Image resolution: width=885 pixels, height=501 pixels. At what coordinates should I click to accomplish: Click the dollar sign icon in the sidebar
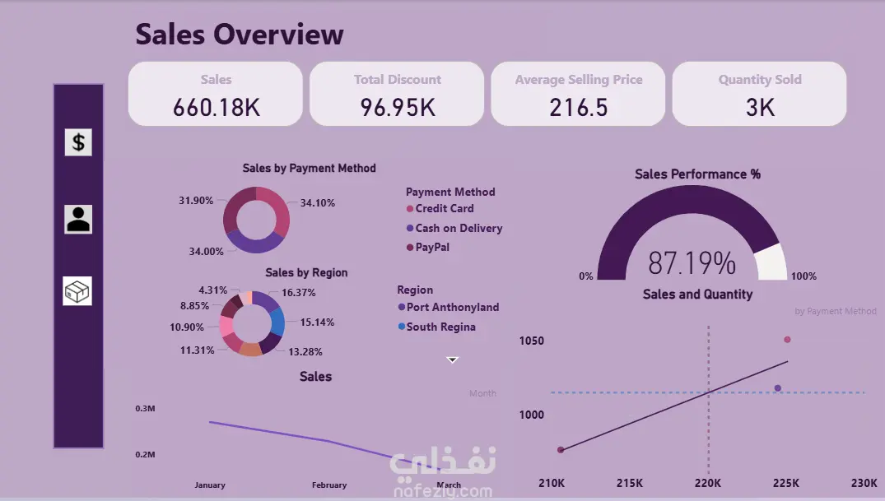pyautogui.click(x=78, y=142)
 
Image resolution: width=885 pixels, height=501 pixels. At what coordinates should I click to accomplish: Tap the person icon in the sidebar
pyautogui.click(x=78, y=219)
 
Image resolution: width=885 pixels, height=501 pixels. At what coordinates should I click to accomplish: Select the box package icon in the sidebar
pyautogui.click(x=77, y=290)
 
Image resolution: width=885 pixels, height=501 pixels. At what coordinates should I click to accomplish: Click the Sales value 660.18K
pyautogui.click(x=216, y=107)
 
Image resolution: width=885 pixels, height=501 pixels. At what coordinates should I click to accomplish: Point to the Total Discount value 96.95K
pyautogui.click(x=398, y=107)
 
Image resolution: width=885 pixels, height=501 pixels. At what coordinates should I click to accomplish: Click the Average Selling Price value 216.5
pyautogui.click(x=578, y=107)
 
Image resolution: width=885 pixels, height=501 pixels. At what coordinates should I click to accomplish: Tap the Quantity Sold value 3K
pyautogui.click(x=759, y=107)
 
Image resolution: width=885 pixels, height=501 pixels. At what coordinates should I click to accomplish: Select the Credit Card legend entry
pyautogui.click(x=444, y=209)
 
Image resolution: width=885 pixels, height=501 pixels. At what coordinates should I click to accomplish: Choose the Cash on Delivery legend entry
pyautogui.click(x=458, y=229)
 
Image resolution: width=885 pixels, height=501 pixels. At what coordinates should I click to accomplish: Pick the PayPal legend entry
pyautogui.click(x=431, y=248)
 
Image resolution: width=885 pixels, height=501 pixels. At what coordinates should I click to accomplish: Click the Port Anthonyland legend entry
pyautogui.click(x=452, y=308)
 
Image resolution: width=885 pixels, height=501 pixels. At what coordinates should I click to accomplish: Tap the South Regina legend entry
pyautogui.click(x=440, y=327)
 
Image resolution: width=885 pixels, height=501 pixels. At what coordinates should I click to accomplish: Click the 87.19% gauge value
pyautogui.click(x=692, y=263)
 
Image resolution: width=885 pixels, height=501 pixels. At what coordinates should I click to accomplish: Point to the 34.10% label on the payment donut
pyautogui.click(x=317, y=203)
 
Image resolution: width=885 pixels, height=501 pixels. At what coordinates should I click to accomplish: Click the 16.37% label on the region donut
pyautogui.click(x=298, y=293)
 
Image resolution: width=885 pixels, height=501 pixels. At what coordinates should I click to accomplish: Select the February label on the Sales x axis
pyautogui.click(x=329, y=485)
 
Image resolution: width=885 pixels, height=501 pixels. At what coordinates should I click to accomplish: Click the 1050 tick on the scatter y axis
pyautogui.click(x=531, y=341)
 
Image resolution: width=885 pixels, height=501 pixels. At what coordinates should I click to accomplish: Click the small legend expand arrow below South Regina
pyautogui.click(x=452, y=360)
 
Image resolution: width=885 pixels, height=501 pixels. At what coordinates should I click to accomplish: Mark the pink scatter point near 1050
pyautogui.click(x=787, y=340)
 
